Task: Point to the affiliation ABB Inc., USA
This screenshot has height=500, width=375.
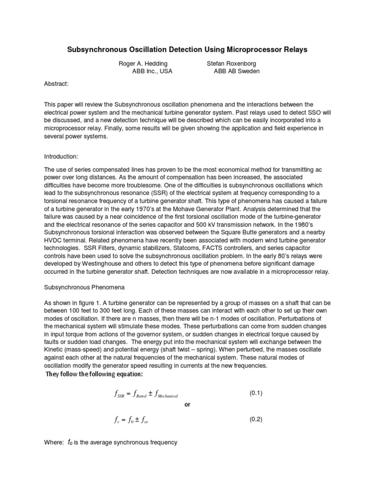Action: [x=152, y=71]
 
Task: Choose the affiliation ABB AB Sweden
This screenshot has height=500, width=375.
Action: [x=237, y=71]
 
